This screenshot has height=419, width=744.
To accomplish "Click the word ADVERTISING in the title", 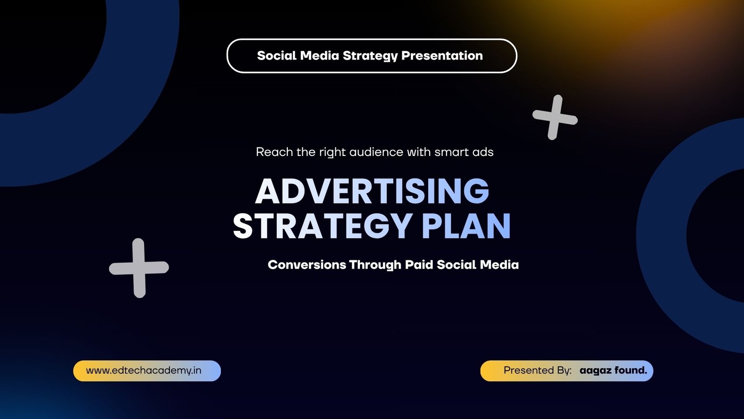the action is pos(372,191).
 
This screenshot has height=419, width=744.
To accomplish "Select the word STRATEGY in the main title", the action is pos(323,226).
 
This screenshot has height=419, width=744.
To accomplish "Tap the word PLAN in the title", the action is pos(466,226).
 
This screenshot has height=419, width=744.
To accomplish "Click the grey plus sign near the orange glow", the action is pos(555,117).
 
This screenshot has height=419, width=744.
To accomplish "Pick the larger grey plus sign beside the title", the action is pos(139,268).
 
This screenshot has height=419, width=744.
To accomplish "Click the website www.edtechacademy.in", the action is pos(144,371).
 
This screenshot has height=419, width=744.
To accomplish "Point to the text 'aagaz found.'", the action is pos(613,371).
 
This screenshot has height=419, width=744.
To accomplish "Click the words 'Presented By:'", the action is pos(538,371).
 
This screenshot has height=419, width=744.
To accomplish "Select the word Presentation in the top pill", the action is pos(442,55).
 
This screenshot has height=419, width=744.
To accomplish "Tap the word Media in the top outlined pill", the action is pos(319,55).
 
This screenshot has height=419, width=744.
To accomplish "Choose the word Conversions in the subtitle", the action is pos(307,265).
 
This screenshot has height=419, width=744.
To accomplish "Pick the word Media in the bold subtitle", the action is pos(499,265).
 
